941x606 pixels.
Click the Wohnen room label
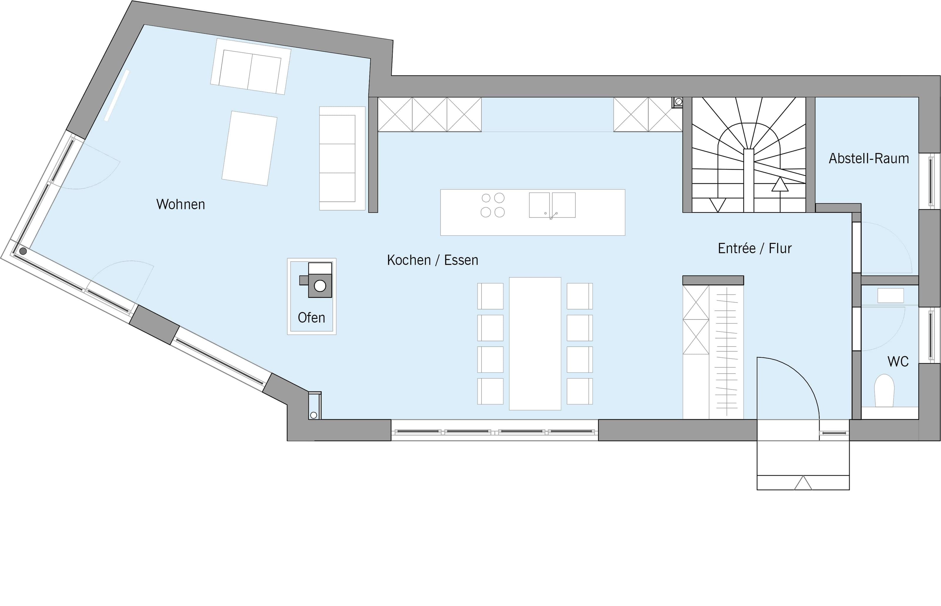(181, 204)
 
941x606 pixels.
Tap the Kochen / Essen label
(433, 260)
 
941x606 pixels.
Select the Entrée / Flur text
(755, 248)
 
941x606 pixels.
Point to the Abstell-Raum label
(869, 158)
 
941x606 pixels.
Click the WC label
(898, 361)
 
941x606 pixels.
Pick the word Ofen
(311, 317)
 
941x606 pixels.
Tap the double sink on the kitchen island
(552, 205)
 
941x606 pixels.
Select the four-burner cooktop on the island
(493, 205)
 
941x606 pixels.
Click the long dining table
(535, 344)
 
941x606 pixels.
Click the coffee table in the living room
(249, 148)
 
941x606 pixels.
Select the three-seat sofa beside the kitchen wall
(342, 158)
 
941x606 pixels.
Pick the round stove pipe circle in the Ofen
(320, 286)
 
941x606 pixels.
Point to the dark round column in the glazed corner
(23, 251)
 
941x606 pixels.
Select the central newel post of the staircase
(748, 181)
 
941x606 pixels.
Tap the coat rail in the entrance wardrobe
(726, 352)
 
